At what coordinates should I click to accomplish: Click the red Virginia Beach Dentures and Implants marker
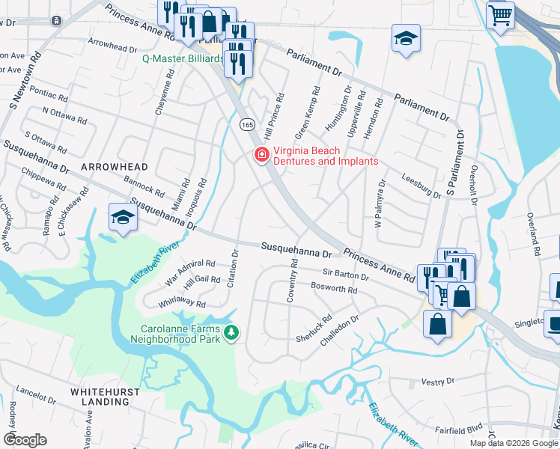click(x=261, y=156)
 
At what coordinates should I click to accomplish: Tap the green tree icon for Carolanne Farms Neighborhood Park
click(x=232, y=332)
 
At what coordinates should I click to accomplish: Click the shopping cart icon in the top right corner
click(x=500, y=14)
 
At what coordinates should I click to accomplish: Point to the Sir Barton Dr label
click(x=345, y=276)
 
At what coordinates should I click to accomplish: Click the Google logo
click(x=25, y=439)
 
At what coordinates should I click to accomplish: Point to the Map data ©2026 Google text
click(x=513, y=443)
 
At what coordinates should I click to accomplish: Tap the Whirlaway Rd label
click(x=181, y=303)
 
